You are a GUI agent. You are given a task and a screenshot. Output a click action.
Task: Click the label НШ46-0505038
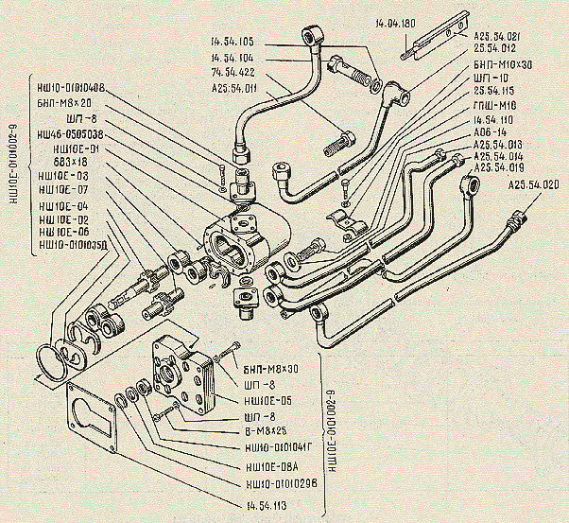(74, 135)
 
